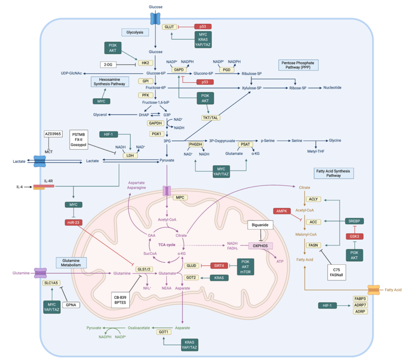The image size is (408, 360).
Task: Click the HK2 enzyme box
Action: (x=144, y=63)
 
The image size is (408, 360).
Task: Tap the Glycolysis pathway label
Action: (x=134, y=33)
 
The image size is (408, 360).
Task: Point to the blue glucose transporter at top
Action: (x=155, y=17)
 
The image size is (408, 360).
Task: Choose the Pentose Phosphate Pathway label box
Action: (x=298, y=65)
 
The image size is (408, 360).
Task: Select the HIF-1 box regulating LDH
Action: (x=109, y=135)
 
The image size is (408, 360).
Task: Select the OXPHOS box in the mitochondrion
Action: (x=260, y=246)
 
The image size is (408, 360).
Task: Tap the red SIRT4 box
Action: (x=219, y=265)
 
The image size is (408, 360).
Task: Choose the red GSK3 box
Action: (x=354, y=236)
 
